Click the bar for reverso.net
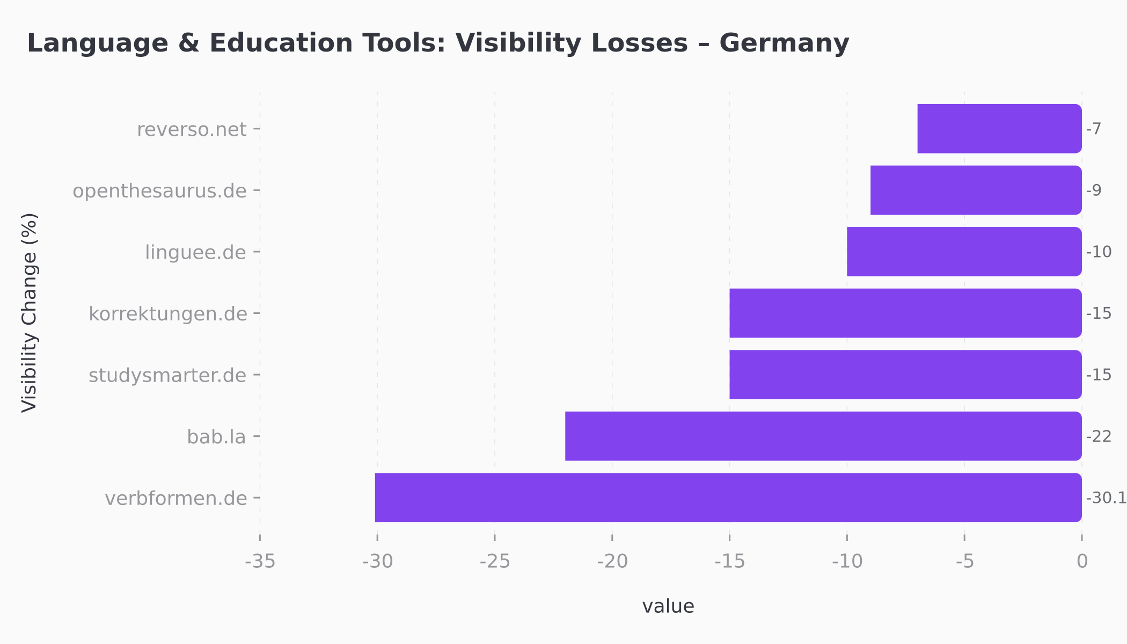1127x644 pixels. pos(999,129)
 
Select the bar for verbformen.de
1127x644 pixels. pos(728,497)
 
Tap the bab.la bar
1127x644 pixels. pos(823,436)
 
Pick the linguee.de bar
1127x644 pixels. pos(964,252)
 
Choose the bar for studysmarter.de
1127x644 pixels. pos(905,375)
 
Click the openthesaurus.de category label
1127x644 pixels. pos(159,191)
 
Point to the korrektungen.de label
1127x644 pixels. pos(167,314)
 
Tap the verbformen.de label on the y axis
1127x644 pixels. pos(175,499)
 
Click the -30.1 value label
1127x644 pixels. pos(1106,498)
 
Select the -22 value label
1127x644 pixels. pos(1099,436)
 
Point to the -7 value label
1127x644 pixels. pos(1094,129)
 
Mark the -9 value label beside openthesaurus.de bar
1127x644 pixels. pos(1094,191)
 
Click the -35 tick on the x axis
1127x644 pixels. pos(260,561)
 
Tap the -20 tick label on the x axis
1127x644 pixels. pos(612,561)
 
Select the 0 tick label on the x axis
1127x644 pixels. pos(1082,561)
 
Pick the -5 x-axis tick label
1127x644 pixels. pos(964,561)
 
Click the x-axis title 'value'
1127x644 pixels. pos(668,606)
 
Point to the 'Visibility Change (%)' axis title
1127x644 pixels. pos(30,313)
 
